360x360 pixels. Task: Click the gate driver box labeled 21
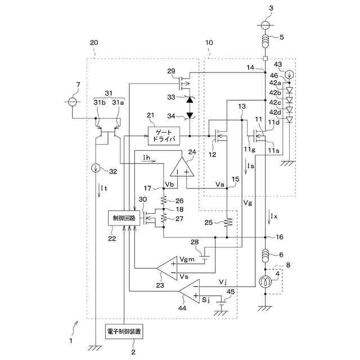coord(164,136)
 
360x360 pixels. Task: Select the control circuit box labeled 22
coord(124,218)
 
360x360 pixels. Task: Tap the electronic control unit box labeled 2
coord(124,331)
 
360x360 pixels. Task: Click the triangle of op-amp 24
coord(182,167)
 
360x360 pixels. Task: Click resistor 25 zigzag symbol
coord(227,223)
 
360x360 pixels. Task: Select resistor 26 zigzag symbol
coord(164,200)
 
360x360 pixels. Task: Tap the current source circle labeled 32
coord(95,169)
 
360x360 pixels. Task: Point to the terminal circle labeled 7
coord(72,101)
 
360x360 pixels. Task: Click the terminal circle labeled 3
coord(265,25)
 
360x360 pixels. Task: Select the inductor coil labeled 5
coord(265,41)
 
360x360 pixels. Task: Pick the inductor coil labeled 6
coord(265,256)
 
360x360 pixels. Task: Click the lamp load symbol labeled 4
coord(265,282)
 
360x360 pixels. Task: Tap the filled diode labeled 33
coord(190,100)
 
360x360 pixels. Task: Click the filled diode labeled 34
coord(190,115)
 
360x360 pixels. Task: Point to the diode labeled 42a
coord(289,90)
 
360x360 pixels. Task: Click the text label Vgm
coord(187,259)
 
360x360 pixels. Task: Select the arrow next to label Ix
coord(269,218)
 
